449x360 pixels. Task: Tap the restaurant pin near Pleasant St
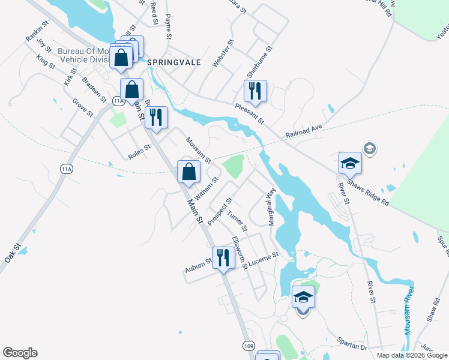[x=255, y=91]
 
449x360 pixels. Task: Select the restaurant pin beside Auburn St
[x=223, y=258]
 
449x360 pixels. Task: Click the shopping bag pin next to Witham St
[x=188, y=172]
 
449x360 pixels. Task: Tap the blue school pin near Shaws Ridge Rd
[x=350, y=163]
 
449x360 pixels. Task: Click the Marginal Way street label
[x=271, y=207]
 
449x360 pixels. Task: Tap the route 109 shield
[x=248, y=346]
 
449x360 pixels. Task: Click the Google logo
[x=20, y=353]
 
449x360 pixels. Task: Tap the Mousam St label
[x=198, y=150]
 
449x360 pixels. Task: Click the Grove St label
[x=83, y=109]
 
